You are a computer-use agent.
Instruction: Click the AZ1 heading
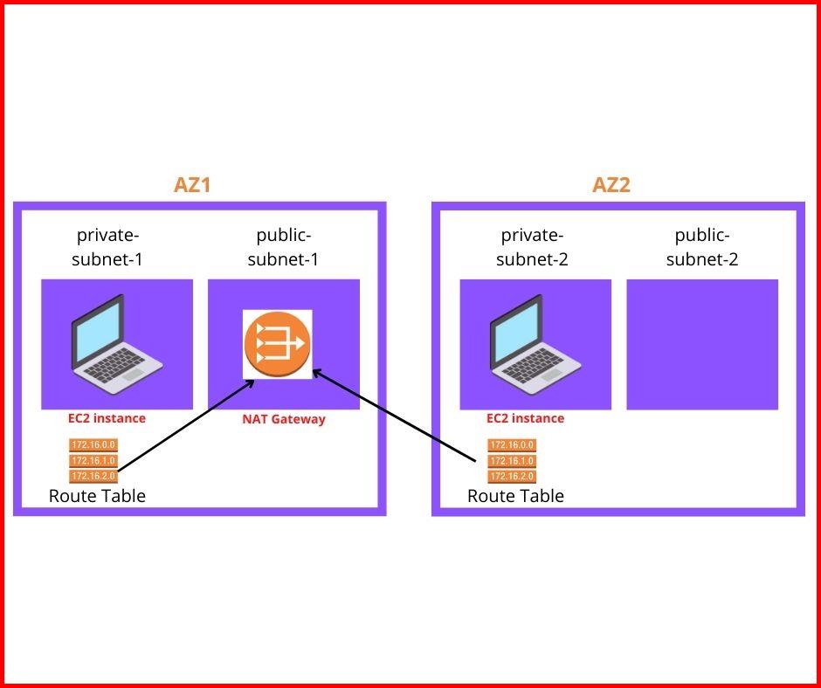coord(192,185)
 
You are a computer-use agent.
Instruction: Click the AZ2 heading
coord(611,185)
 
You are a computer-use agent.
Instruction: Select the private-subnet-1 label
coord(108,247)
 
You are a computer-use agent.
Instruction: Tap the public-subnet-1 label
coord(283,247)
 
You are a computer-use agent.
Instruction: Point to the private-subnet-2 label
coord(532,247)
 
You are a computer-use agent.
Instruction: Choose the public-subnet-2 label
coord(702,247)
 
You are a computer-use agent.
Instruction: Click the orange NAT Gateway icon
coord(277,344)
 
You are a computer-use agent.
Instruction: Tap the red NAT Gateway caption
coord(283,419)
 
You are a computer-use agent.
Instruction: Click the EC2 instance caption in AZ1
coord(107,418)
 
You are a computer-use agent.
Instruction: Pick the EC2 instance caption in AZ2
coord(525,418)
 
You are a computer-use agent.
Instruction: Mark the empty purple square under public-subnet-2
coord(702,344)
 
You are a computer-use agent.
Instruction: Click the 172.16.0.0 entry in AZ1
coord(93,445)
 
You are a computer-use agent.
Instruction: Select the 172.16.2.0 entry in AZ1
coord(93,476)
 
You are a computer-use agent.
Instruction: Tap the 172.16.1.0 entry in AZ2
coord(511,461)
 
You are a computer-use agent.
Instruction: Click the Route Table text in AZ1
coord(97,496)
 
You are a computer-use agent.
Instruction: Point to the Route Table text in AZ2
coord(515,496)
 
